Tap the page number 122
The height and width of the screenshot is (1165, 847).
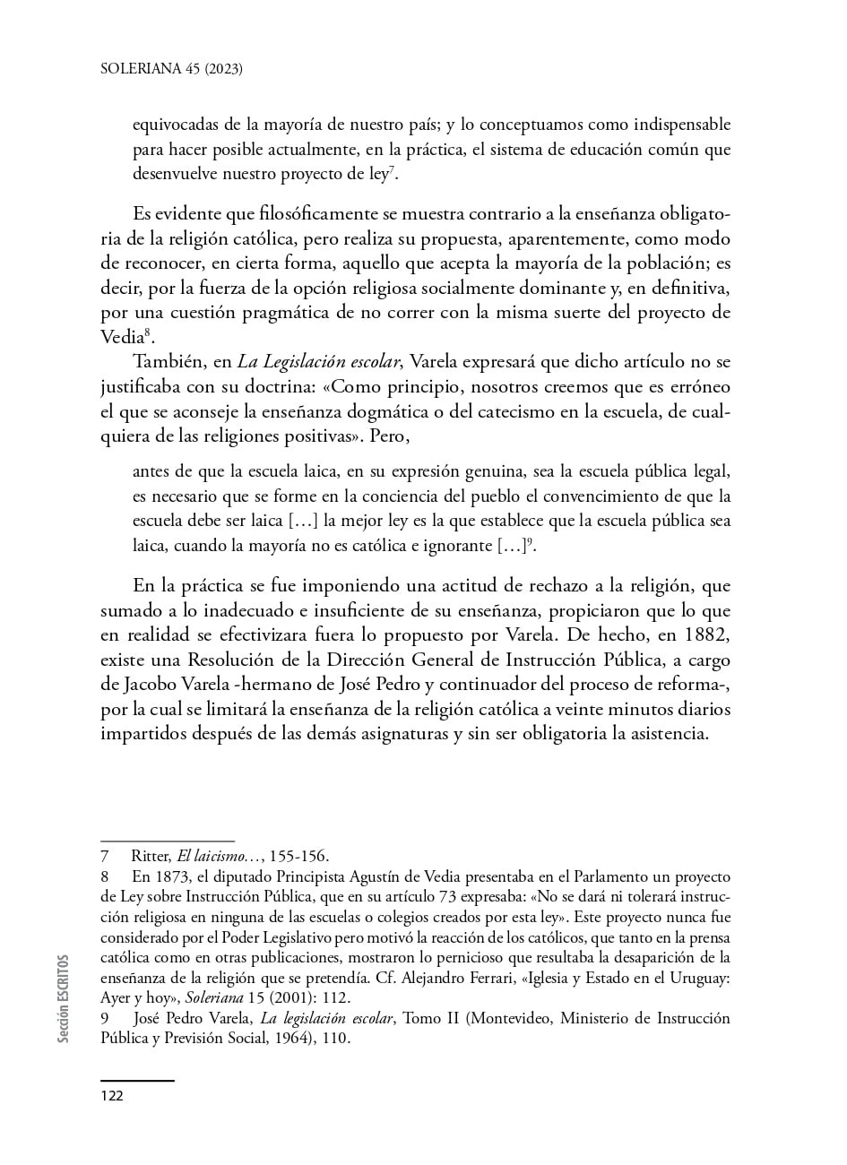point(112,1096)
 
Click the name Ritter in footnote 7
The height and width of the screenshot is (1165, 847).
point(151,856)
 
